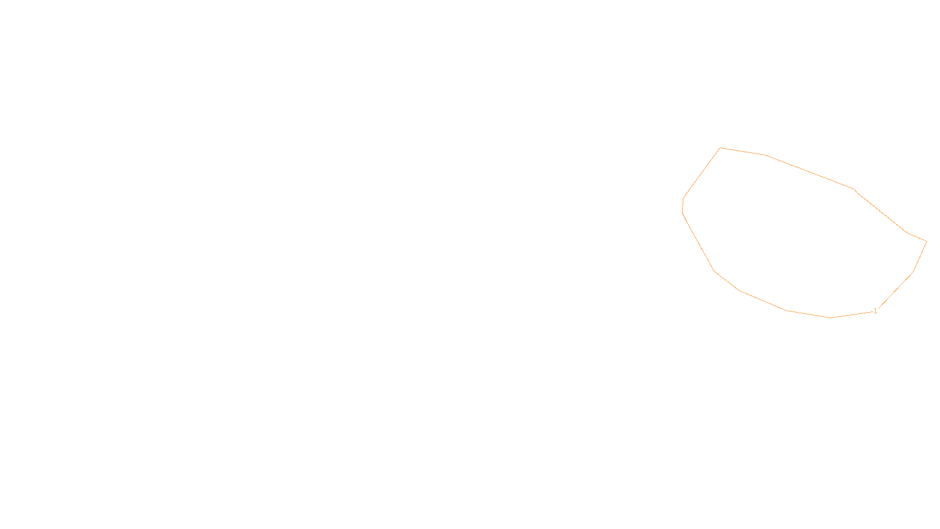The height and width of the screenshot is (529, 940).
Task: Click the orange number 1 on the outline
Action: tap(875, 311)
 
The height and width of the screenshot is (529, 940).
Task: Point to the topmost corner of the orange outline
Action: tap(720, 148)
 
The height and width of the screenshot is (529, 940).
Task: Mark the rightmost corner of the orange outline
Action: tap(926, 241)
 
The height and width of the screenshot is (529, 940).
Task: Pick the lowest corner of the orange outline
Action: tap(831, 317)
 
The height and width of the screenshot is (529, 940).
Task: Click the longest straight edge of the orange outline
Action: tap(809, 172)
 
